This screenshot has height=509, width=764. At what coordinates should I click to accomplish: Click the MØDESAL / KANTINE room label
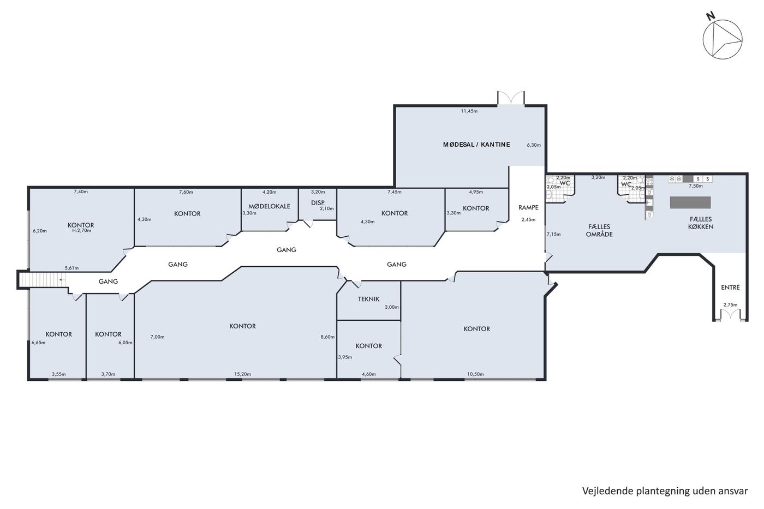[476, 145]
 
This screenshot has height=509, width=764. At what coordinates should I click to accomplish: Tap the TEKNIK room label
[368, 299]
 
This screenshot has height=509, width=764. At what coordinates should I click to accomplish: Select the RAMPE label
[528, 207]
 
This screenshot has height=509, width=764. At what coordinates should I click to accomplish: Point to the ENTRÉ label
[730, 288]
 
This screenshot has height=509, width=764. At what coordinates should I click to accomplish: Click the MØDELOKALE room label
[269, 206]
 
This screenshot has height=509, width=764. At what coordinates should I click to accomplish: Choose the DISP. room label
[318, 203]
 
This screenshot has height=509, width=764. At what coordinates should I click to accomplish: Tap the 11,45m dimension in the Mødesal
[469, 111]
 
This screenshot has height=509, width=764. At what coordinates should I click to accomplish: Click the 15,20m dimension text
[242, 374]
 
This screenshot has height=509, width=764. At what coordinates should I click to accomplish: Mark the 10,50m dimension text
[475, 374]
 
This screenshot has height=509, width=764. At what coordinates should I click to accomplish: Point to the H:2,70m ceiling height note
[81, 230]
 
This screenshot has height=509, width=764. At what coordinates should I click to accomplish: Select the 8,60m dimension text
[327, 337]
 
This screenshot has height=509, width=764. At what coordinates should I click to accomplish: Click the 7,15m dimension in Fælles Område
[553, 234]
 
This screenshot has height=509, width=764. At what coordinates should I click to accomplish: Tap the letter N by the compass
[710, 26]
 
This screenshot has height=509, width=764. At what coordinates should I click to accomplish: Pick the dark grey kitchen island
[690, 202]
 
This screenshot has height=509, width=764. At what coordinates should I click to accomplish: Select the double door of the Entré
[730, 314]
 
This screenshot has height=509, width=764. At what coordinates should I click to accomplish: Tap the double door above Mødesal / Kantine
[511, 98]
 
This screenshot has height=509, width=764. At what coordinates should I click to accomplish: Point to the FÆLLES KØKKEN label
[701, 223]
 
